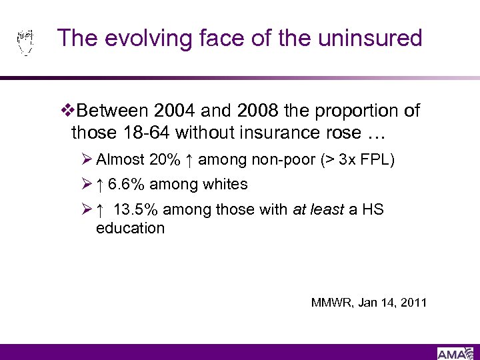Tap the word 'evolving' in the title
click(144, 38)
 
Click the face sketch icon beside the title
click(25, 41)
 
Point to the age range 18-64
click(145, 133)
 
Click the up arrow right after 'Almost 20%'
click(189, 160)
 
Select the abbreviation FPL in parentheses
click(378, 160)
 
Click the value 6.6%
click(125, 185)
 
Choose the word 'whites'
click(225, 185)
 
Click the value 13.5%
click(136, 209)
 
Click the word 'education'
click(130, 228)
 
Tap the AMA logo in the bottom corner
click(455, 353)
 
